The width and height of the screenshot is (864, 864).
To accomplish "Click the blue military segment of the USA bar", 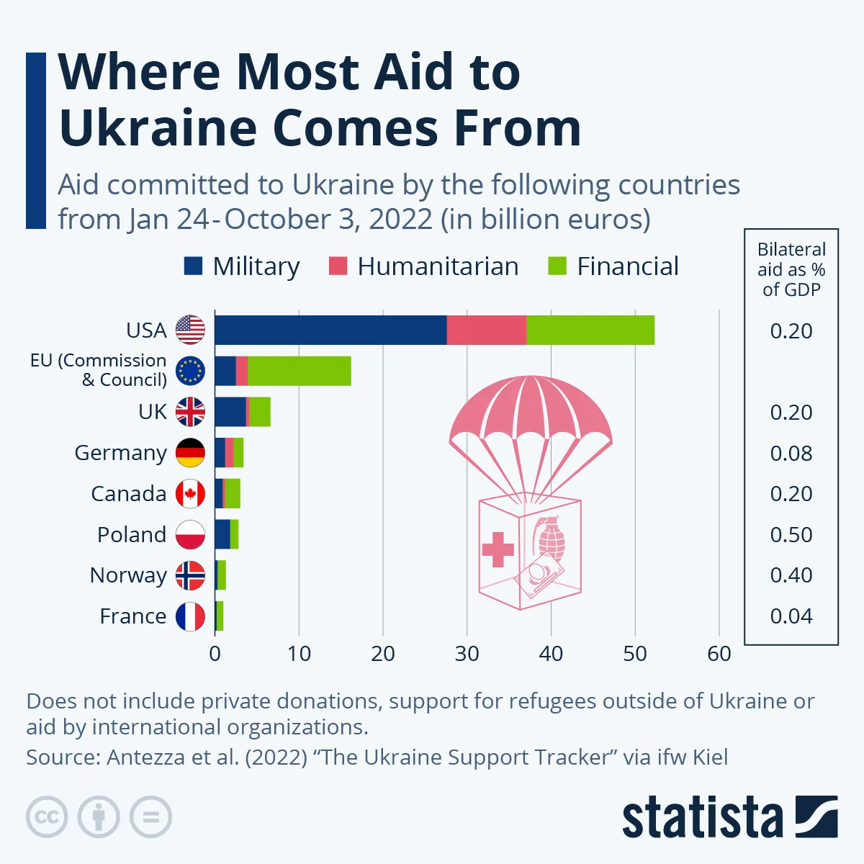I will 330,330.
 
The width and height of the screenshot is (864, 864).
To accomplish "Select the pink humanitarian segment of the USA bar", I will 486,330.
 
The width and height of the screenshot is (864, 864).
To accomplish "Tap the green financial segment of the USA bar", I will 590,330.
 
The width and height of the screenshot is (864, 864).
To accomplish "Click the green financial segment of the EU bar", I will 299,371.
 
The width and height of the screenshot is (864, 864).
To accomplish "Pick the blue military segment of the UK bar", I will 230,412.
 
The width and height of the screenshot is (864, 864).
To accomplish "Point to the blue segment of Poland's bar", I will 222,534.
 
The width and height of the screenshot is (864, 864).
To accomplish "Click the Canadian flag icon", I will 191,494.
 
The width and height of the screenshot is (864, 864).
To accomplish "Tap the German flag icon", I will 191,453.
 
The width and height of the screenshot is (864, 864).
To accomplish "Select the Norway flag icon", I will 191,575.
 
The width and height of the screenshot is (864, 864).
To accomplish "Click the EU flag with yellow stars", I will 191,371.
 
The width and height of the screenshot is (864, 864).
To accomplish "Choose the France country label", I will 133,616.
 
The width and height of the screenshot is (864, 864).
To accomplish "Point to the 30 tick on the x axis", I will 467,654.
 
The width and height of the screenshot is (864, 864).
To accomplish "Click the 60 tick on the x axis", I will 719,654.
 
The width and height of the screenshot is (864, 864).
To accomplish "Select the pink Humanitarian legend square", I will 338,266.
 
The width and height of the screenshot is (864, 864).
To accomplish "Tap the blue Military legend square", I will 193,266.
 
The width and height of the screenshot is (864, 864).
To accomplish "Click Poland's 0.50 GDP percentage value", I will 791,534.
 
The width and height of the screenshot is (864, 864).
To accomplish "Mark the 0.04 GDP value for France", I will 791,616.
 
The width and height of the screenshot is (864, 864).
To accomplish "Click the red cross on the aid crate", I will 498,550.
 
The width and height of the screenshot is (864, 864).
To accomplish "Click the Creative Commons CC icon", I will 47,817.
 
